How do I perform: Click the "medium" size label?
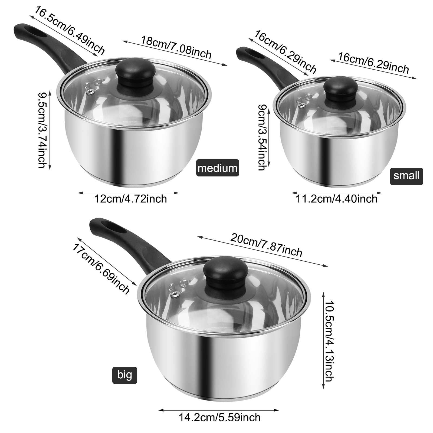pyautogui.click(x=218, y=168)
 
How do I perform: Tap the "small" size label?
pyautogui.click(x=406, y=176)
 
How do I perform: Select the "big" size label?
pyautogui.click(x=125, y=375)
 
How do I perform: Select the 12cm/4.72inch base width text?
pyautogui.click(x=130, y=199)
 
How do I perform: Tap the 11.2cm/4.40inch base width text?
pyautogui.click(x=336, y=199)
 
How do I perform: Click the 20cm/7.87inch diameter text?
pyautogui.click(x=266, y=245)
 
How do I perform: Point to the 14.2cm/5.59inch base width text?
pyautogui.click(x=219, y=417)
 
